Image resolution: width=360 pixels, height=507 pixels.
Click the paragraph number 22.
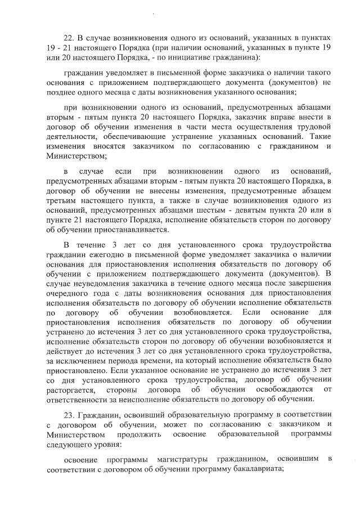69,38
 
